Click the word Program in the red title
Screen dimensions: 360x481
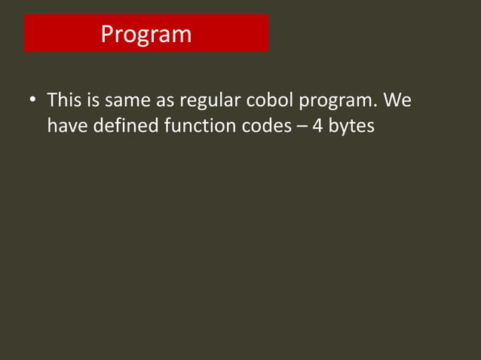[146, 35]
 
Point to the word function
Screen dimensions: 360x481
[198, 125]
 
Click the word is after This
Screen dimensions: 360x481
[93, 99]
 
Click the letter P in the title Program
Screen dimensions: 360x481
[107, 35]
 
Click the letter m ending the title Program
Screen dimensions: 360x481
[182, 35]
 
